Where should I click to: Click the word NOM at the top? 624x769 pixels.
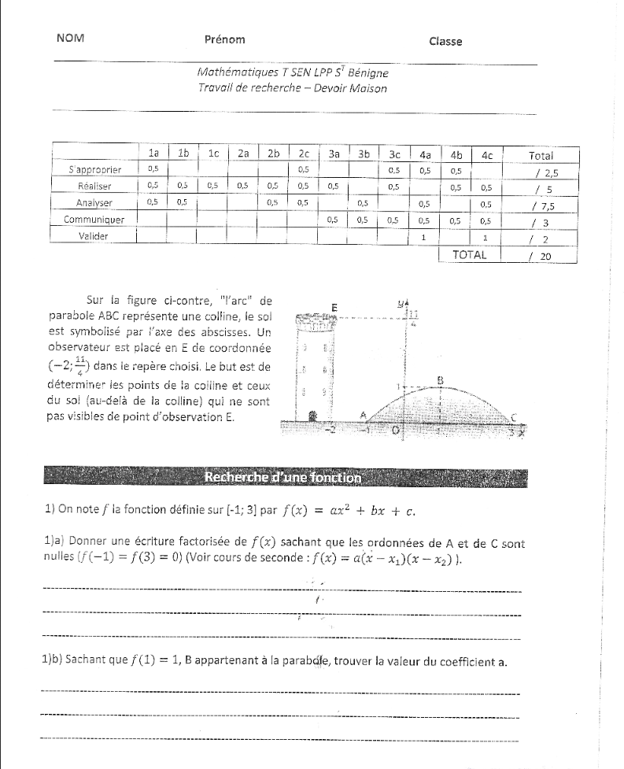(71, 39)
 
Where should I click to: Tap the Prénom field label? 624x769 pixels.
(224, 39)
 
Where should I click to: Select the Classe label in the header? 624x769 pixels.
(445, 42)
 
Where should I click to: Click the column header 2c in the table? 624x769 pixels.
(303, 155)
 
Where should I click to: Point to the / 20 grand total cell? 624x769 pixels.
(543, 255)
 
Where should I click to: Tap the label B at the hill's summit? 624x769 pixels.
(441, 379)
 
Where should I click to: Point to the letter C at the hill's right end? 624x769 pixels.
(513, 417)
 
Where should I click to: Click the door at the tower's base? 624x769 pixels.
(313, 415)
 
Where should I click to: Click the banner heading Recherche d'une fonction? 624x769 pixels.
(282, 476)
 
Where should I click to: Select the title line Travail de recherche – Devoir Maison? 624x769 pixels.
(293, 89)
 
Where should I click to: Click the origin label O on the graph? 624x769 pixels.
(397, 431)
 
